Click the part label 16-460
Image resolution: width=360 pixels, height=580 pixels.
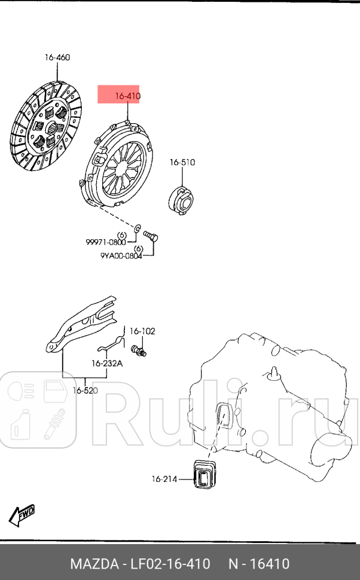click(x=57, y=58)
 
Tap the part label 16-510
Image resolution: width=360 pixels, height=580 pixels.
click(x=182, y=162)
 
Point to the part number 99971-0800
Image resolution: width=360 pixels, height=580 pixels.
click(x=106, y=242)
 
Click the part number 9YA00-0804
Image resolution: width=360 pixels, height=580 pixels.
click(x=121, y=257)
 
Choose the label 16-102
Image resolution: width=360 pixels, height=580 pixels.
click(x=142, y=331)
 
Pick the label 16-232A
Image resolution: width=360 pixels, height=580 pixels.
click(x=106, y=363)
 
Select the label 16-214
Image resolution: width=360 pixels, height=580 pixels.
click(x=165, y=478)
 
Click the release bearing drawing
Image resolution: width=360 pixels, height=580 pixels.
click(x=181, y=198)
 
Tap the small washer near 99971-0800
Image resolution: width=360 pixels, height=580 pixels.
click(x=137, y=227)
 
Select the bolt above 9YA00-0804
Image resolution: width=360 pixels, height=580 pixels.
click(x=150, y=237)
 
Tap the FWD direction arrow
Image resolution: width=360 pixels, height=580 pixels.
click(x=22, y=515)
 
